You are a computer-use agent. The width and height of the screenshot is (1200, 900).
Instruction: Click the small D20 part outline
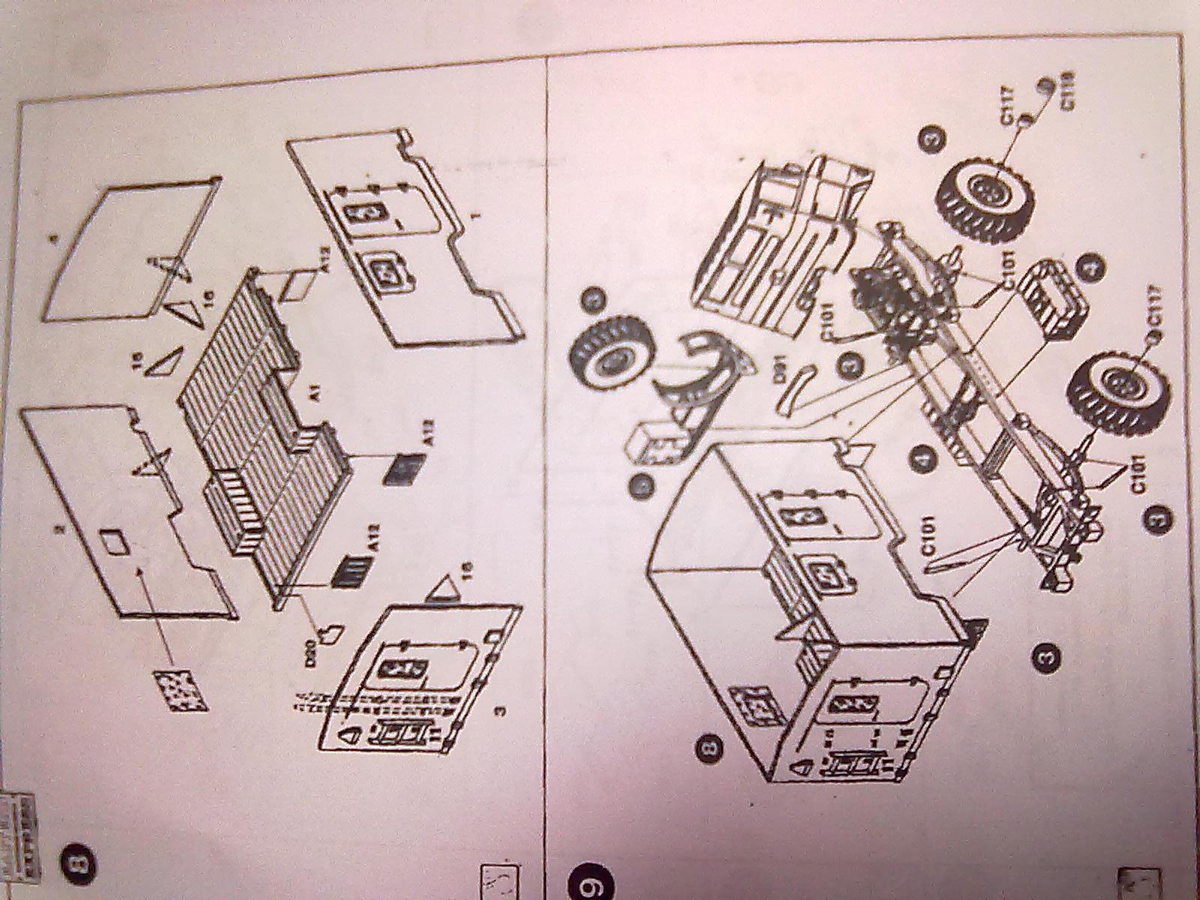[x=329, y=634]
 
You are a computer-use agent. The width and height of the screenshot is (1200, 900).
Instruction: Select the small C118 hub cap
[x=1044, y=86]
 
